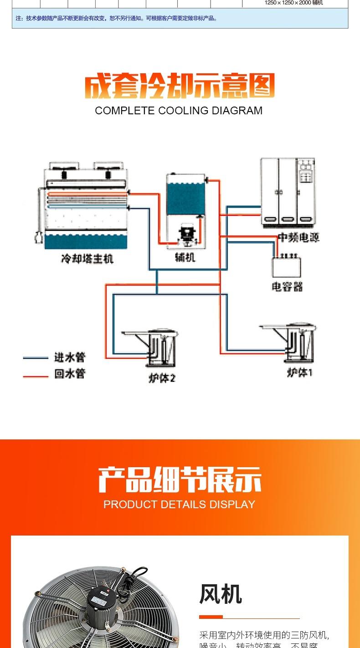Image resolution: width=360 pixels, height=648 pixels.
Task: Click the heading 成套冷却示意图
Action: coord(180,87)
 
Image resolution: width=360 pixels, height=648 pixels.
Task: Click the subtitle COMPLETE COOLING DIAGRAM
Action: coord(179,111)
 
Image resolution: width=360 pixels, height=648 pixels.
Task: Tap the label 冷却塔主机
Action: coord(87,259)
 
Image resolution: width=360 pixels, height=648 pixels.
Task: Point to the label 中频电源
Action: coord(298,237)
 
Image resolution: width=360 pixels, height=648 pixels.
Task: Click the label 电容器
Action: coord(287,287)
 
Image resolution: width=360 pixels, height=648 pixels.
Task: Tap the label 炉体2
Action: coord(162,378)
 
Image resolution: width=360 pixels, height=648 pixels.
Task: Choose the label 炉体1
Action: coord(300,372)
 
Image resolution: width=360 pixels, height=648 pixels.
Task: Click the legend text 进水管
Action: coord(70,357)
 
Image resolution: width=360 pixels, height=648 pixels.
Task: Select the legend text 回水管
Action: coord(70,374)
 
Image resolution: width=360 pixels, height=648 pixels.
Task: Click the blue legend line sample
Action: coord(36,358)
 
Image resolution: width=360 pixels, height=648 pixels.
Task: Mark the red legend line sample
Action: coord(36,376)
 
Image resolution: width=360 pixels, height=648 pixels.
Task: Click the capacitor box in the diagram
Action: coord(287,267)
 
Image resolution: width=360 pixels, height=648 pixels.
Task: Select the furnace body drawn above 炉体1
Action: coord(298,344)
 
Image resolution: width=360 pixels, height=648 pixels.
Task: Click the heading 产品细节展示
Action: coord(180,480)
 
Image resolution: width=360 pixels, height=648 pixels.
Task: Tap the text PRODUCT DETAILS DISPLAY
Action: coord(179,505)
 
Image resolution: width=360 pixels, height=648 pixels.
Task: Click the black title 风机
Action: coord(221,594)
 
